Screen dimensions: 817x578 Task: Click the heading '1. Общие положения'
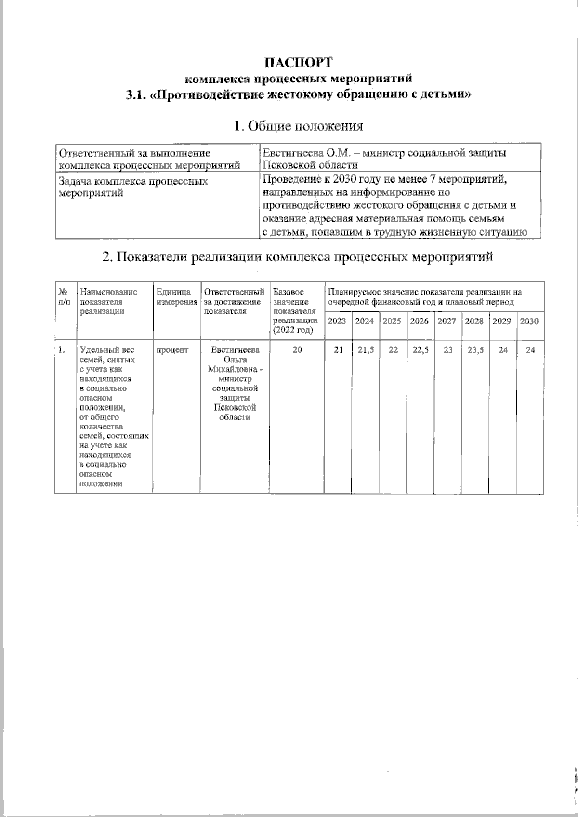coord(298,127)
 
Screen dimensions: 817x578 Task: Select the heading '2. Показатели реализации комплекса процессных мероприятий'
coord(298,256)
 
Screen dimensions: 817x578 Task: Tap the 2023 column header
coord(337,321)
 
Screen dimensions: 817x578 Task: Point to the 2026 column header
coord(419,321)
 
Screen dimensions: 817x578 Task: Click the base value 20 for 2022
coord(297,350)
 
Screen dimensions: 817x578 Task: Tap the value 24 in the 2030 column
coord(530,350)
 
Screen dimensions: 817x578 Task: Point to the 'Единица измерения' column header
coord(177,297)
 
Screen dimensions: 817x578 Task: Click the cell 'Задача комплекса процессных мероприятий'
coord(133,187)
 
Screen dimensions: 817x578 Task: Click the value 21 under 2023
coord(338,350)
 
